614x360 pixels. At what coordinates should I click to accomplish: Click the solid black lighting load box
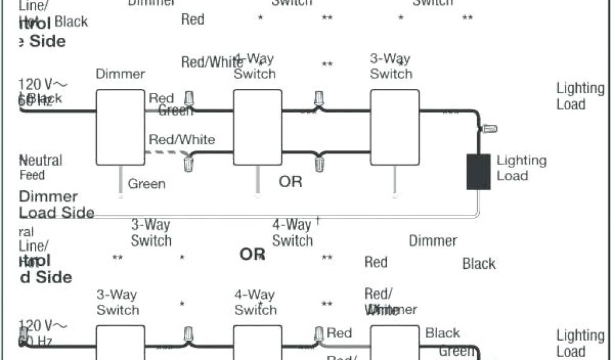click(x=478, y=172)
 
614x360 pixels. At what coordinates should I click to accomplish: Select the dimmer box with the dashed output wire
click(x=120, y=127)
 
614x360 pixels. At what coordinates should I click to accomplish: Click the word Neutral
click(x=41, y=161)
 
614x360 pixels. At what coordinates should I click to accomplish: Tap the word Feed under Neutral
click(x=32, y=176)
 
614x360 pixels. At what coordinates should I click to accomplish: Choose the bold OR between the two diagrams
click(x=252, y=254)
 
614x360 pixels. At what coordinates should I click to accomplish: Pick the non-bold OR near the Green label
click(x=290, y=181)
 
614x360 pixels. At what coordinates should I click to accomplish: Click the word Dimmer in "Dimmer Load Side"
click(x=49, y=197)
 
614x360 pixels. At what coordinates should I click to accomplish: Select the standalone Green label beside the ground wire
click(x=146, y=184)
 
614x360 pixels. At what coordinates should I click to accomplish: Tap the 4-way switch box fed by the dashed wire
click(x=257, y=127)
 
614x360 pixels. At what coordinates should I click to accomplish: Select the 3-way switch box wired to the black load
click(x=394, y=127)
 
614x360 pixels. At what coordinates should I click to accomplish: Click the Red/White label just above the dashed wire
click(x=182, y=140)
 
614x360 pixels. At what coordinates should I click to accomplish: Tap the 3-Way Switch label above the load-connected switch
click(x=391, y=67)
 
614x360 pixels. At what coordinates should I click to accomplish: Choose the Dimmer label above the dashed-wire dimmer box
click(x=121, y=74)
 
